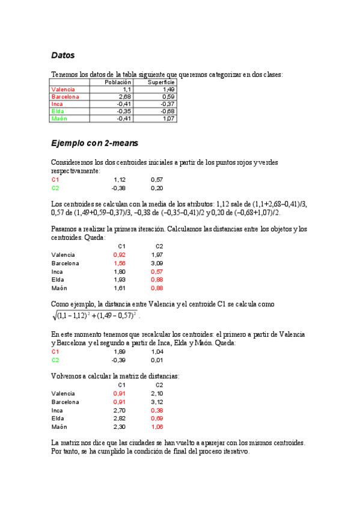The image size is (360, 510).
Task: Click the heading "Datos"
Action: point(63,55)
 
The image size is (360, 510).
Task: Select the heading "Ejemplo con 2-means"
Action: point(95,143)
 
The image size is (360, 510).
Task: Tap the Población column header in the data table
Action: point(118,82)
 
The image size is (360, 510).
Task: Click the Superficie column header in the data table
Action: point(161,82)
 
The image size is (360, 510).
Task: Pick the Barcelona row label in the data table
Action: point(66,96)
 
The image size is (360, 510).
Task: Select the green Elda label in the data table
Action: point(58,111)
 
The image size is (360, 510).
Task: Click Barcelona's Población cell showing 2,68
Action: point(125,96)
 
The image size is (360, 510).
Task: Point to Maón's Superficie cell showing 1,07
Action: point(168,118)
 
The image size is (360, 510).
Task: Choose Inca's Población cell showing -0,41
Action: point(124,103)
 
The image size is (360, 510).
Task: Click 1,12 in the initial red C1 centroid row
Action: point(120,180)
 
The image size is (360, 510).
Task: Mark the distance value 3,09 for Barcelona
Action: point(157,263)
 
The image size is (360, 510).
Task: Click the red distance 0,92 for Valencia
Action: point(119,255)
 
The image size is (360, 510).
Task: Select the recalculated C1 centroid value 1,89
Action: point(120,352)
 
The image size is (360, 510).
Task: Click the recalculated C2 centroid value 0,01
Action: point(157,360)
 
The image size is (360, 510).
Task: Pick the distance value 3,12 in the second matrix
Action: point(157,402)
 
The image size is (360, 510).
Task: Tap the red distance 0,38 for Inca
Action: point(157,410)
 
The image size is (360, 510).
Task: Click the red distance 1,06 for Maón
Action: point(157,426)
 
